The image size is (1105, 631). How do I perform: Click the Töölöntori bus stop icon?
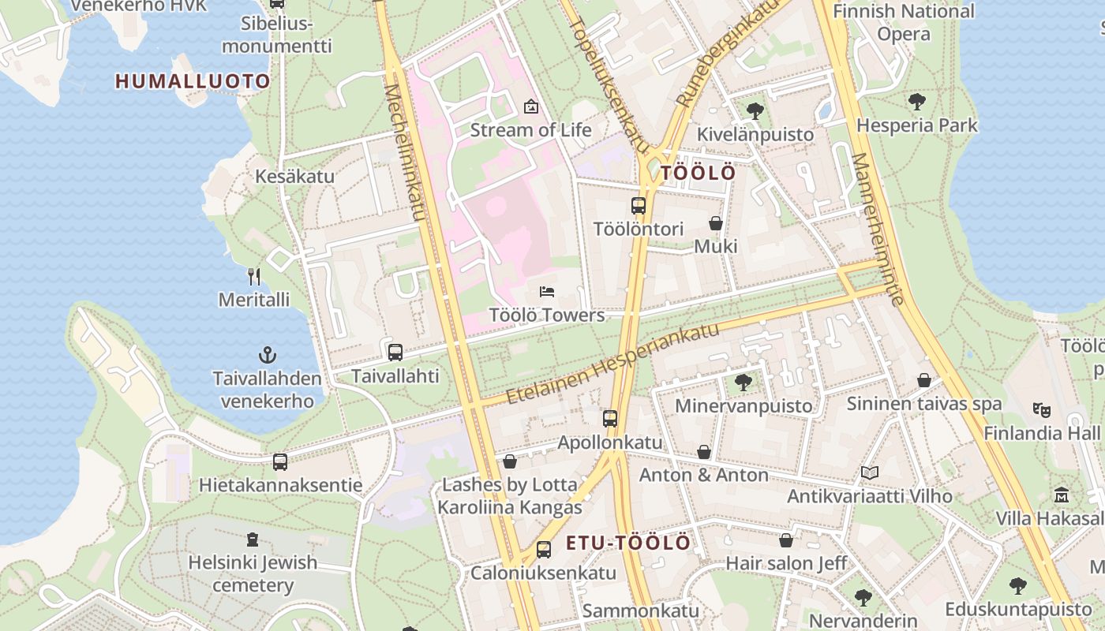[639, 206]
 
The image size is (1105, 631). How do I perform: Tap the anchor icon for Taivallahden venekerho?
[268, 355]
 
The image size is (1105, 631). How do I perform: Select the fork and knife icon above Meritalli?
[254, 276]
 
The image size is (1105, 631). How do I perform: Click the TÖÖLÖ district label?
[698, 173]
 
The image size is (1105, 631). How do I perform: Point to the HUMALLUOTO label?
[193, 80]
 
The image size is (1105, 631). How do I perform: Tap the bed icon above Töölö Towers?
[547, 292]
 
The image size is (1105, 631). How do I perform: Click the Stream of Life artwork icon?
[531, 106]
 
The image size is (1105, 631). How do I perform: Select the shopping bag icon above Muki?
[716, 223]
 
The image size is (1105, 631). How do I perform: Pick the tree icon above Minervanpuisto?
[743, 383]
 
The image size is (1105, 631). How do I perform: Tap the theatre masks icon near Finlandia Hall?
[1042, 409]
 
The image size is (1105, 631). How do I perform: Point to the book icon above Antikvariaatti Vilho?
[870, 472]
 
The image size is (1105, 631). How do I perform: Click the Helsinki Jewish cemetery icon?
[253, 540]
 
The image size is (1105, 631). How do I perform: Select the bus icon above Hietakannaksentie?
[280, 462]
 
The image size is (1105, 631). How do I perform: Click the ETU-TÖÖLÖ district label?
[628, 543]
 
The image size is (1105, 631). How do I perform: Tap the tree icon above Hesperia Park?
[916, 101]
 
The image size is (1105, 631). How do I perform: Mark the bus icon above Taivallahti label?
[395, 352]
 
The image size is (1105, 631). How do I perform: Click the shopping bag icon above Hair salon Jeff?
[786, 540]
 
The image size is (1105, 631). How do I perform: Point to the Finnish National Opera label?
[904, 22]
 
